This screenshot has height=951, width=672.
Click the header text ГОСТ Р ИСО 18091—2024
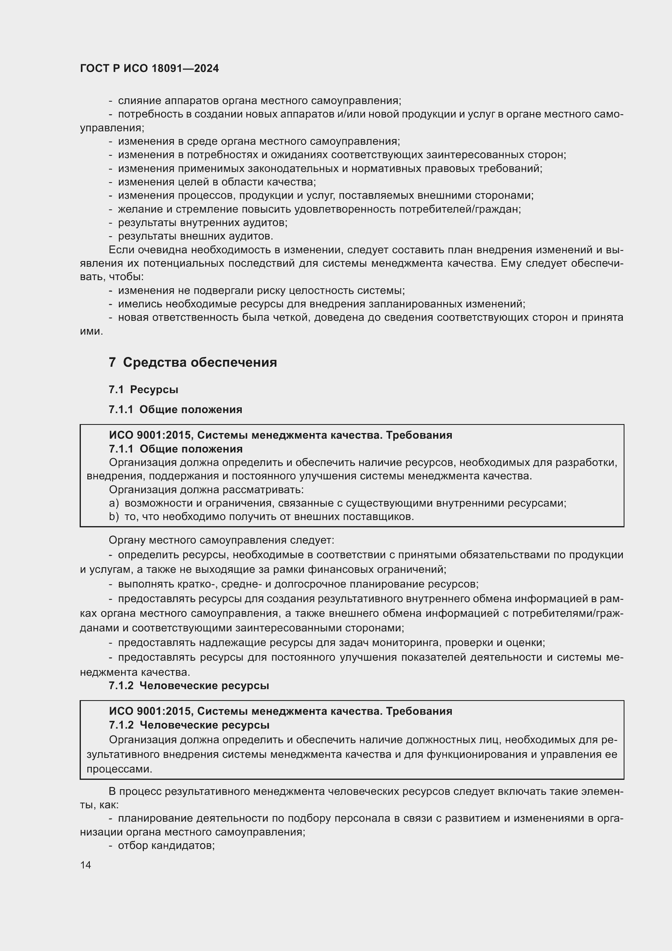150,69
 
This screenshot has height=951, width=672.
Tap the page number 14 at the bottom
86,865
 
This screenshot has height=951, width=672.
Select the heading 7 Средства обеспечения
193,362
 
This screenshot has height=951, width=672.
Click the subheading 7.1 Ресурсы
143,390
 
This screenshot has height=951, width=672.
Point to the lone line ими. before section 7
91,331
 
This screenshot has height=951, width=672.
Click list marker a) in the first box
114,503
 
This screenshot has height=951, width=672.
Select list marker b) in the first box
114,516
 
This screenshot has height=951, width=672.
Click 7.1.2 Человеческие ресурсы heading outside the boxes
189,686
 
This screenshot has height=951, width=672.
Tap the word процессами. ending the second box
119,769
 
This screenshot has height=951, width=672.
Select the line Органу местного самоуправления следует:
221,540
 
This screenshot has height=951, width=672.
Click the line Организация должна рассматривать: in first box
206,490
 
